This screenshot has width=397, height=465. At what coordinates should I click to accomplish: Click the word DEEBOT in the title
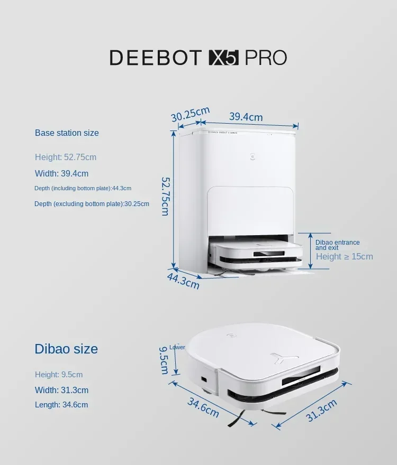tap(156, 58)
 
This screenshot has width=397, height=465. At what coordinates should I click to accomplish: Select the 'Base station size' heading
tap(67, 133)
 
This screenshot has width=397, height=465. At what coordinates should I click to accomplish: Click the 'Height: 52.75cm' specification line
tap(66, 157)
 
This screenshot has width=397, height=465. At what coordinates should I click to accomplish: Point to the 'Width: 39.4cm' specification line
tap(61, 174)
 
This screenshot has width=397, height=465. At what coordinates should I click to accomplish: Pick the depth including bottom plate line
tap(83, 189)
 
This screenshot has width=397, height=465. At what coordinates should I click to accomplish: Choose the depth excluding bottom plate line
tap(92, 204)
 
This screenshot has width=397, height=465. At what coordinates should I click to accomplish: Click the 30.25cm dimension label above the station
tap(190, 114)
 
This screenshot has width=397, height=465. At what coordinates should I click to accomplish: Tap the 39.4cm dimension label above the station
tap(246, 117)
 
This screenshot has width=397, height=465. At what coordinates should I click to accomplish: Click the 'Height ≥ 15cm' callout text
tap(344, 257)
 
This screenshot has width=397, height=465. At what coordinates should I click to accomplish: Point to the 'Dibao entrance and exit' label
tap(337, 245)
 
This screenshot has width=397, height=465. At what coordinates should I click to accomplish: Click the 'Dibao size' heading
tap(66, 349)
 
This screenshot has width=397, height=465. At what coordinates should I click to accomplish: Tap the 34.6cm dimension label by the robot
tap(203, 407)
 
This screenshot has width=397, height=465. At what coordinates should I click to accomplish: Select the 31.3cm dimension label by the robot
tap(321, 410)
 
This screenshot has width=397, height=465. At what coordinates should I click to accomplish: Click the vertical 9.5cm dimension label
tap(164, 360)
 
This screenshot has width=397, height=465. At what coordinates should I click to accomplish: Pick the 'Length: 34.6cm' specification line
tap(61, 405)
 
